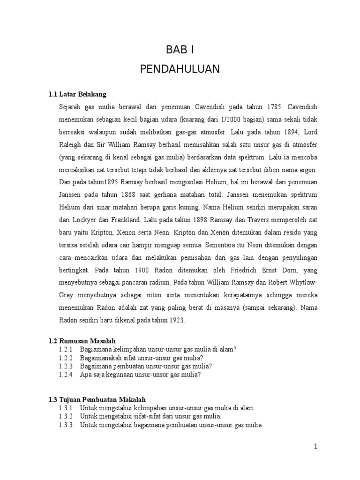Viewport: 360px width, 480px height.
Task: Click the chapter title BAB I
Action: click(180, 50)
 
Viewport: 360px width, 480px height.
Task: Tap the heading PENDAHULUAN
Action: click(180, 69)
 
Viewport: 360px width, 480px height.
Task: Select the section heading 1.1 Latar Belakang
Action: click(77, 94)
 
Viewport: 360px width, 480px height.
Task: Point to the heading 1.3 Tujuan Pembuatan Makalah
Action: click(97, 399)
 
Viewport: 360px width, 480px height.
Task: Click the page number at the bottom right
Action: click(316, 447)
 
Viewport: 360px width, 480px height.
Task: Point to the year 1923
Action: click(176, 321)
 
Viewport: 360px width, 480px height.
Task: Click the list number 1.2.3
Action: click(66, 366)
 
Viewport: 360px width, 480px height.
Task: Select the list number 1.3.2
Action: click(66, 416)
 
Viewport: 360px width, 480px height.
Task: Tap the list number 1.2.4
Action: click(66, 375)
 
